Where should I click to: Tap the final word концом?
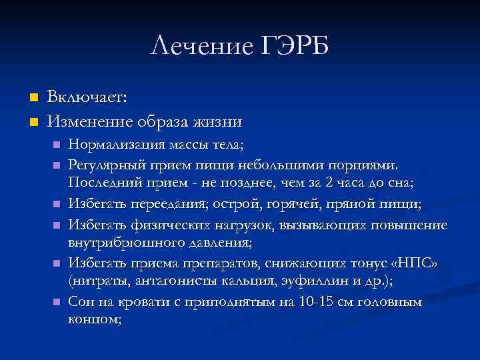[x=95, y=321]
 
